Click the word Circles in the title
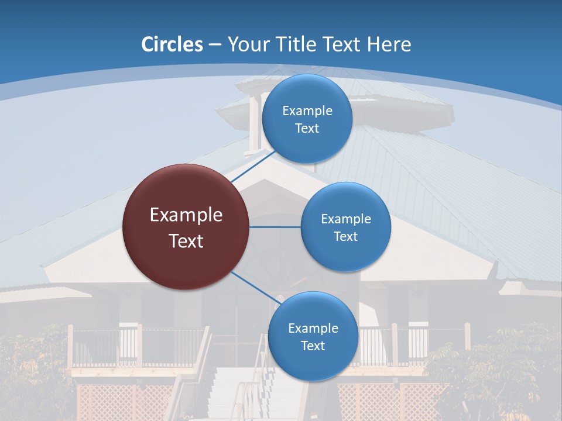[172, 44]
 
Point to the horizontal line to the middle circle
[275, 227]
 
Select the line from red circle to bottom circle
[256, 288]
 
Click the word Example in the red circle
[186, 215]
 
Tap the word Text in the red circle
[186, 241]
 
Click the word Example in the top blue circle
[307, 111]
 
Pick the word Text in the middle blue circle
[345, 237]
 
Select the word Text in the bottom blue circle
[313, 346]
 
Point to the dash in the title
[215, 45]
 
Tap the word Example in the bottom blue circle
[313, 329]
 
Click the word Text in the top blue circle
[307, 129]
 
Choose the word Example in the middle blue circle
[345, 219]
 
